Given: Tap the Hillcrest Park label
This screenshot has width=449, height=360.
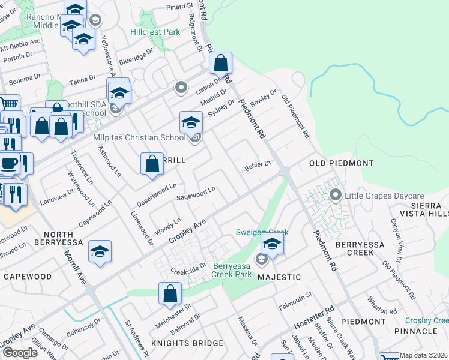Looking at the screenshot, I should (x=155, y=31).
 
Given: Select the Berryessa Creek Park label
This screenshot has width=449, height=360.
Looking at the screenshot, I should (x=231, y=270).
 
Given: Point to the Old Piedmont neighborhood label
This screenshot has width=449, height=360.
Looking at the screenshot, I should (x=341, y=163).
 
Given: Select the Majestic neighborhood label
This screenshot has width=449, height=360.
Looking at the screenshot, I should (x=279, y=277).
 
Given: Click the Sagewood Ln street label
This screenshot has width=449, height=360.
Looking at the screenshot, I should (x=196, y=194).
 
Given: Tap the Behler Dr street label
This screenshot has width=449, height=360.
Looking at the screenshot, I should (x=258, y=166).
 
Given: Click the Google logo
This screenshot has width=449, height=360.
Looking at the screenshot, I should (x=20, y=353).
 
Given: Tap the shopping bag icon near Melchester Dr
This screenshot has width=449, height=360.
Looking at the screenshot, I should (x=170, y=293).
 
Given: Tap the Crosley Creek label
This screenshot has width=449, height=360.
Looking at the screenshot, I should (x=426, y=321).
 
